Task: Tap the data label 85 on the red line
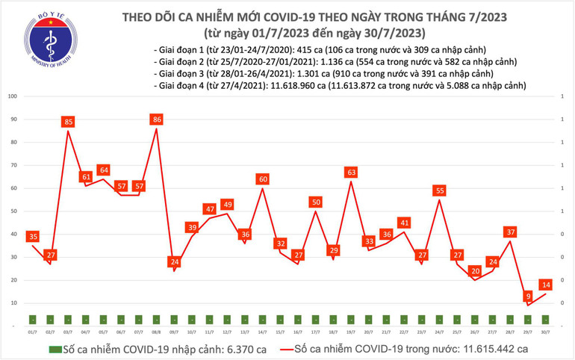click(x=68, y=121)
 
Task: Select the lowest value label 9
click(x=528, y=295)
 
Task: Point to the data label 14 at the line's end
click(x=546, y=285)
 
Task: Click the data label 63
click(x=351, y=173)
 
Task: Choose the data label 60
click(x=263, y=179)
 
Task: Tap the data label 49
click(x=227, y=204)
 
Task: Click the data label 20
click(x=475, y=270)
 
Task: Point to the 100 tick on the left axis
click(x=12, y=96)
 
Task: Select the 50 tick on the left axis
click(x=13, y=211)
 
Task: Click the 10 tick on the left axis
click(x=13, y=303)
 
